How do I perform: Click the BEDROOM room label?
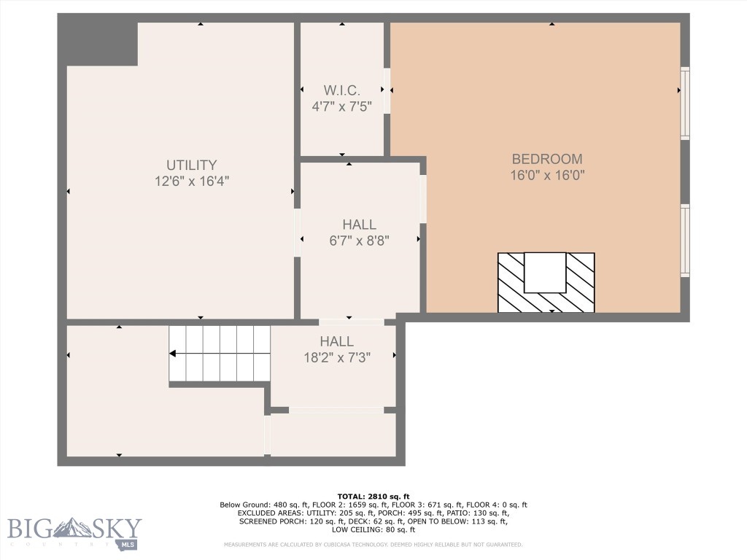(546, 159)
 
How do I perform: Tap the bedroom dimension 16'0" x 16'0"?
(546, 175)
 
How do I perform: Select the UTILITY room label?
(191, 166)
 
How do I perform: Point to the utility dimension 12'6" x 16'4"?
(191, 182)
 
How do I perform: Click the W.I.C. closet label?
(342, 90)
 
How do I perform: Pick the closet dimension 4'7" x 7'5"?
(342, 106)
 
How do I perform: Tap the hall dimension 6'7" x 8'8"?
(359, 241)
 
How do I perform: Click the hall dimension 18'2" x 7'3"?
(337, 357)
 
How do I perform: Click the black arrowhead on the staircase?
(174, 354)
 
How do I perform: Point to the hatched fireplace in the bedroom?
(546, 283)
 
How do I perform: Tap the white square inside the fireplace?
(545, 273)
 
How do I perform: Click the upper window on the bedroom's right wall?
(685, 103)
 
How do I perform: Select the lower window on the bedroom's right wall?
(685, 241)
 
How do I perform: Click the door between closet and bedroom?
(387, 90)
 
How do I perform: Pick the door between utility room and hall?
(297, 233)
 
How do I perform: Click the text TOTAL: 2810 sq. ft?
(373, 496)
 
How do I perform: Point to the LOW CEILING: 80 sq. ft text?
(373, 529)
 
